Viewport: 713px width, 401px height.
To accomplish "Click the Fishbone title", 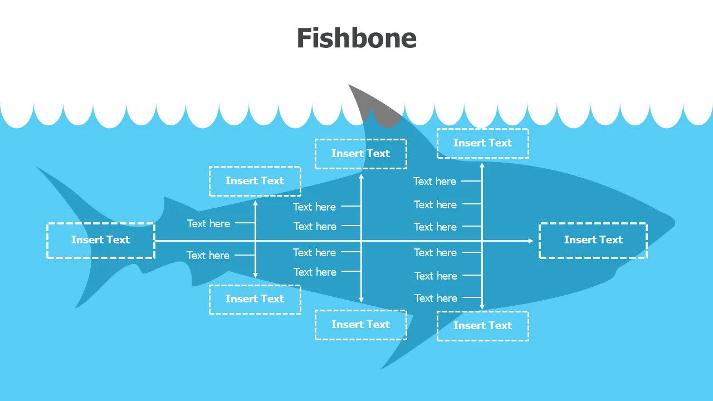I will pyautogui.click(x=356, y=38).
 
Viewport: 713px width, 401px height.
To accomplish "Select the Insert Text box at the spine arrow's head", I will pyautogui.click(x=593, y=240).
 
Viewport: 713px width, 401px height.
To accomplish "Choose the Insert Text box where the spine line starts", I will pyautogui.click(x=100, y=240).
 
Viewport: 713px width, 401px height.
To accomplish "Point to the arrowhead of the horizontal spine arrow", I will pyautogui.click(x=530, y=241).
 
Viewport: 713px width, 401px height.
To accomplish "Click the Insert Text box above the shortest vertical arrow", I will pyautogui.click(x=255, y=181).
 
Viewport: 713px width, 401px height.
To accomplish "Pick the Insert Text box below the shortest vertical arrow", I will pyautogui.click(x=255, y=299).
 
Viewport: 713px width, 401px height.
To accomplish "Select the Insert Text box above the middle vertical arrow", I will pyautogui.click(x=360, y=154).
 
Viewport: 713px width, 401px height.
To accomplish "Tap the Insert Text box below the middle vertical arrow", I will pyautogui.click(x=360, y=325).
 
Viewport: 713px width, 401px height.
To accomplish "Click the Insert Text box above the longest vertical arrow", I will pyautogui.click(x=482, y=143).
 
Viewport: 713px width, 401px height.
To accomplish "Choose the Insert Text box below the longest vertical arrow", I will pyautogui.click(x=482, y=326).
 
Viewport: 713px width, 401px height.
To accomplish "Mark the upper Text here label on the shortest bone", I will pyautogui.click(x=208, y=223).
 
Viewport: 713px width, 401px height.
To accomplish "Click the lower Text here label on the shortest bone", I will pyautogui.click(x=208, y=255).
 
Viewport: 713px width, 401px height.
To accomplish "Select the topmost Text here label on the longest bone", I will pyautogui.click(x=434, y=181).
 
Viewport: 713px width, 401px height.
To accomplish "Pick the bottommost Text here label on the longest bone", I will pyautogui.click(x=436, y=298).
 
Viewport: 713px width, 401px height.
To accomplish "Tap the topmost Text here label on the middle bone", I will pyautogui.click(x=314, y=207).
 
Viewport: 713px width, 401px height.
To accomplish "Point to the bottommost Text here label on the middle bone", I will pyautogui.click(x=315, y=272).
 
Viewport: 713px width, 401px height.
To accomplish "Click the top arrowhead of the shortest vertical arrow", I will pyautogui.click(x=255, y=203).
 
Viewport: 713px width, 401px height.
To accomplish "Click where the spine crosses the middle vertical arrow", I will pyautogui.click(x=361, y=241).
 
